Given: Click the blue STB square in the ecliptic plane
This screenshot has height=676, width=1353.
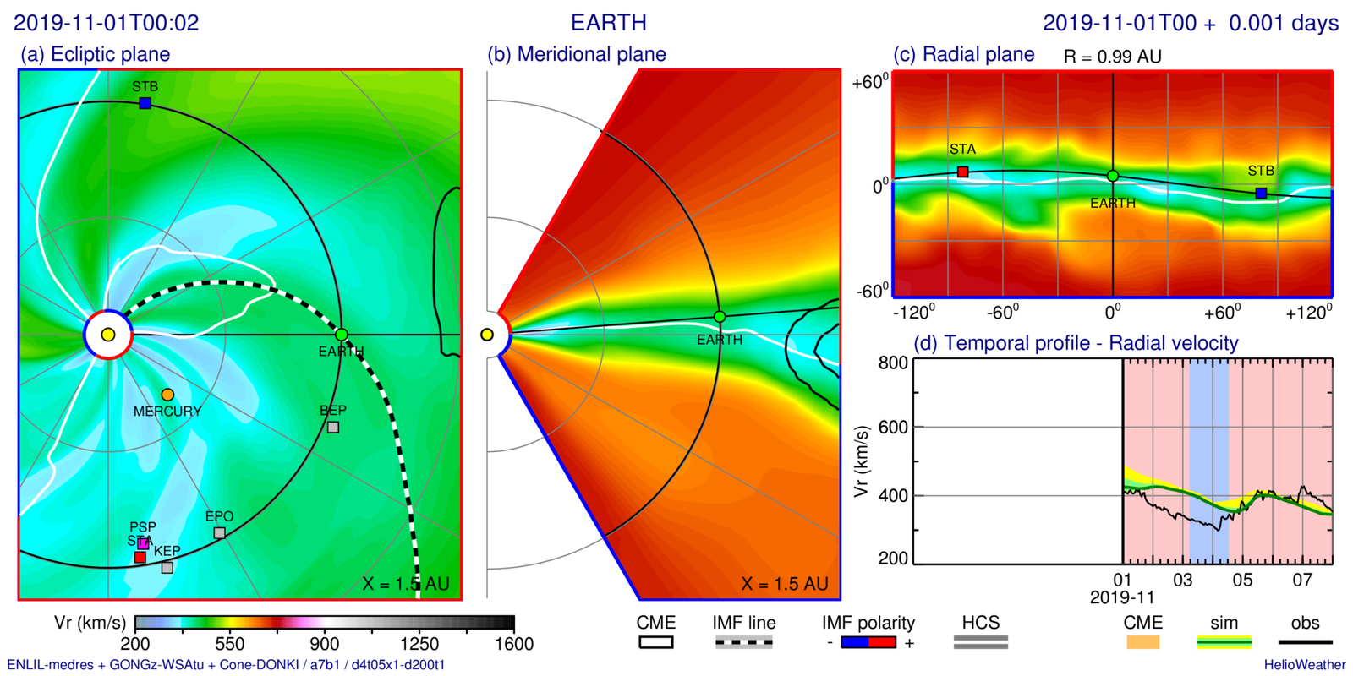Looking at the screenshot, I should click(x=145, y=103).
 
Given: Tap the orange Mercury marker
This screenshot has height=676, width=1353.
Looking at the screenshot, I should click(x=167, y=395).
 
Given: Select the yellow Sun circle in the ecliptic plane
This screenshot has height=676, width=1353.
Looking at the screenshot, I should click(x=108, y=335).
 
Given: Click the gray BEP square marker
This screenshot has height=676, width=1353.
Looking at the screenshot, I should click(x=333, y=427).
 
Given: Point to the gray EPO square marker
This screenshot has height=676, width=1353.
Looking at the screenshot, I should click(x=220, y=532).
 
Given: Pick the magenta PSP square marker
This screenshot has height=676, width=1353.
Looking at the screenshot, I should click(x=143, y=543).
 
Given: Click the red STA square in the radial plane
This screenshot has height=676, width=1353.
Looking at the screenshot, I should click(x=962, y=172).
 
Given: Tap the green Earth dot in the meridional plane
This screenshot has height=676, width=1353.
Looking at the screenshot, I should click(x=720, y=317).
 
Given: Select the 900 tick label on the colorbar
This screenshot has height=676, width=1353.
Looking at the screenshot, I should click(x=324, y=644).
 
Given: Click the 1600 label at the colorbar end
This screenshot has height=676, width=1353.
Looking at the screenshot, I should click(x=513, y=644).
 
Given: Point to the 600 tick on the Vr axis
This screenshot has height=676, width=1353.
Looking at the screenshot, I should click(x=893, y=428).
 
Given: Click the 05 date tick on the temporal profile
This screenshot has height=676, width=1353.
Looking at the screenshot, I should click(x=1242, y=581).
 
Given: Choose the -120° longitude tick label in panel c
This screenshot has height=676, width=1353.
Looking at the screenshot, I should click(x=913, y=313).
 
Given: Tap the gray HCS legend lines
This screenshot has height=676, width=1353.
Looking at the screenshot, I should click(x=980, y=643).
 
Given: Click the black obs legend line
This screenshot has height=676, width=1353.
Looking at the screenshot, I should click(x=1305, y=643).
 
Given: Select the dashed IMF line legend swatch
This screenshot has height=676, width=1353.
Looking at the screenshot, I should click(x=743, y=643).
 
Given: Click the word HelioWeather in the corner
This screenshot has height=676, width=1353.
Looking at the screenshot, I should click(x=1305, y=665).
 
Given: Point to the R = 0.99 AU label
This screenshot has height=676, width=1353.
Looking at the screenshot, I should click(x=1112, y=57).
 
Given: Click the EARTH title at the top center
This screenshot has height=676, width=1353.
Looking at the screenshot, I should click(x=609, y=23).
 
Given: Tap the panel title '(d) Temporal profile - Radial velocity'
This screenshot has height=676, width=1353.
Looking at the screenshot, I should click(x=1076, y=343).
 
